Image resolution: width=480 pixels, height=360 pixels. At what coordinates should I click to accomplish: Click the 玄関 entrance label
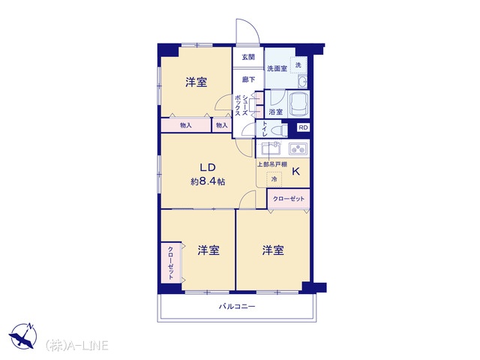pyautogui.click(x=248, y=57)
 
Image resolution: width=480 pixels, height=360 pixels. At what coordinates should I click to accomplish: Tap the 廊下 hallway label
pyautogui.click(x=248, y=79)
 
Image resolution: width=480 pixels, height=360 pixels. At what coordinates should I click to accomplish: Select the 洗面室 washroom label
pyautogui.click(x=277, y=68)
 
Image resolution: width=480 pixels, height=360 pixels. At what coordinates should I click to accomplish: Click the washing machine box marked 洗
pyautogui.click(x=298, y=65)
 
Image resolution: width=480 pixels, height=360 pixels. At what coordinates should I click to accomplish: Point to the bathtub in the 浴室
pyautogui.click(x=298, y=103)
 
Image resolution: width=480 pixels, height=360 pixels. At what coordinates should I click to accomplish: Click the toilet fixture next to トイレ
pyautogui.click(x=278, y=130)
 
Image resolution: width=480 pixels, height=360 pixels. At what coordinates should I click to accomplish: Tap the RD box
pyautogui.click(x=303, y=127)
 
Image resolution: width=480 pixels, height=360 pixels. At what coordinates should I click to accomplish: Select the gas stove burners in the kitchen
pyautogui.click(x=298, y=149)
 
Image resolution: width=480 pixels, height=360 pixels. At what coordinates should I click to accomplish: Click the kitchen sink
pyautogui.click(x=270, y=148)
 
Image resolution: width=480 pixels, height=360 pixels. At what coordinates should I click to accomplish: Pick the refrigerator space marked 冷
pyautogui.click(x=274, y=178)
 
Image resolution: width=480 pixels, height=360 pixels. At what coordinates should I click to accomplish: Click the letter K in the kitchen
pyautogui.click(x=295, y=172)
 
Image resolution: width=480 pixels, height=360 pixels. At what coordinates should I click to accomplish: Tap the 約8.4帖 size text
pyautogui.click(x=208, y=181)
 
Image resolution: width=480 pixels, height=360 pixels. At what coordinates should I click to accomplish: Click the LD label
pyautogui.click(x=208, y=167)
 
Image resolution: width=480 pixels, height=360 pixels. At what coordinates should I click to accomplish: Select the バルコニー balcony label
pyautogui.click(x=237, y=307)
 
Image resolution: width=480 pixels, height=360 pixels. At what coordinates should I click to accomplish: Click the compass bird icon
pyautogui.click(x=22, y=336)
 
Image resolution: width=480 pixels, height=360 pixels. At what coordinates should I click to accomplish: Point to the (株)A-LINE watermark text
pyautogui.click(x=77, y=346)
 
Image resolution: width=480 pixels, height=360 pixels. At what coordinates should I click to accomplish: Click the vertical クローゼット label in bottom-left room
pyautogui.click(x=170, y=263)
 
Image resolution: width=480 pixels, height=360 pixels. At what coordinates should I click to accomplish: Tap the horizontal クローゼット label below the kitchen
pyautogui.click(x=289, y=199)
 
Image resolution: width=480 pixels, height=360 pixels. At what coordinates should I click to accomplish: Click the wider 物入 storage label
pyautogui.click(x=186, y=125)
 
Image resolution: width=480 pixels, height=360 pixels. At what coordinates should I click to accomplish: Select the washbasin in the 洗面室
pyautogui.click(x=302, y=82)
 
